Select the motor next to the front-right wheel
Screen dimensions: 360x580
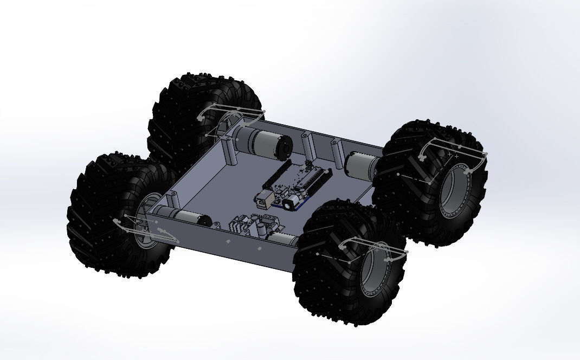click(x=282, y=239)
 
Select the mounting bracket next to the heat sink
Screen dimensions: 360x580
click(x=217, y=226)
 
